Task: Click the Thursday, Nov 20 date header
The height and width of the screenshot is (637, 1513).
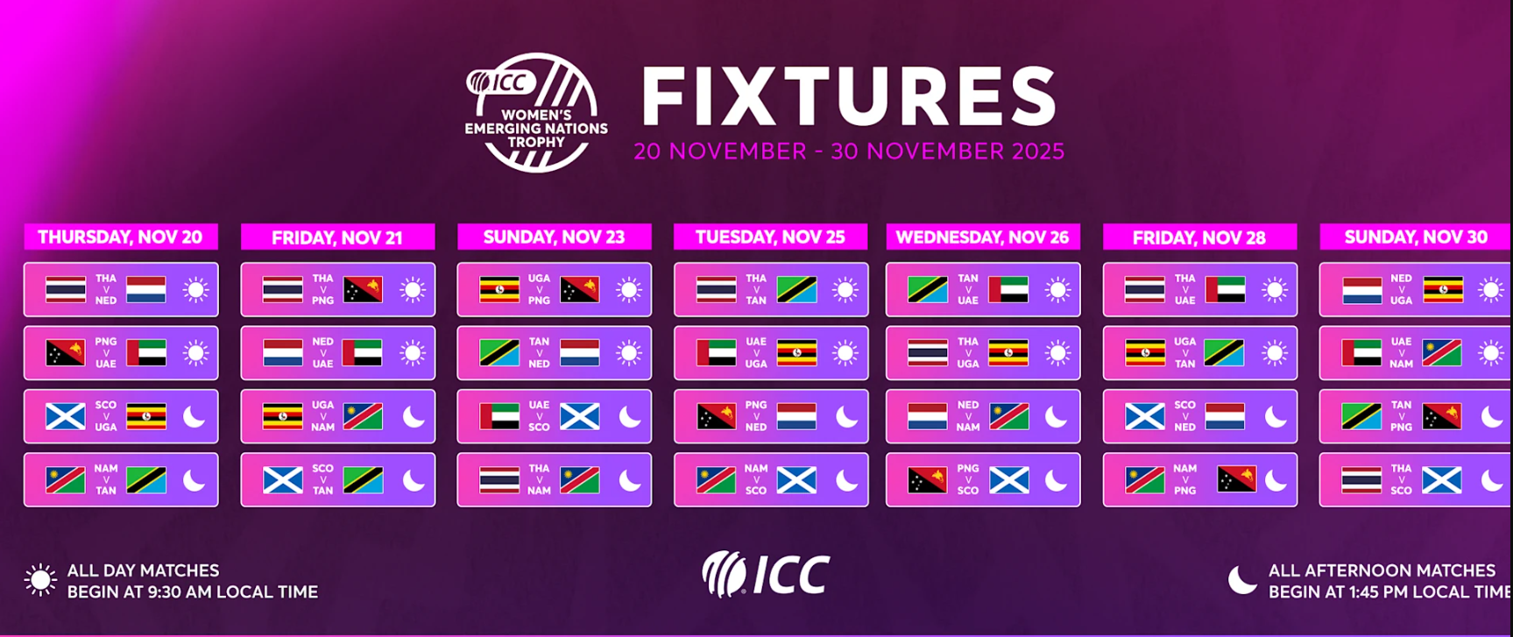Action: (x=121, y=237)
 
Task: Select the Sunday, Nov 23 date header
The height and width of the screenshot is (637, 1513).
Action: (x=555, y=237)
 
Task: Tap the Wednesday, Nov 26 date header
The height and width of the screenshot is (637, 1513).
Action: (x=983, y=237)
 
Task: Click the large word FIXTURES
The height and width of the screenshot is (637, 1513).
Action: (x=849, y=96)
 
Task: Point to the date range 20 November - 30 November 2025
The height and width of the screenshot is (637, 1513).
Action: (x=849, y=152)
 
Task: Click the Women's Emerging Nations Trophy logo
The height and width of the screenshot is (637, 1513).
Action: (x=536, y=112)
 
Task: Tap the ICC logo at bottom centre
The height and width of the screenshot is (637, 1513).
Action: (x=766, y=575)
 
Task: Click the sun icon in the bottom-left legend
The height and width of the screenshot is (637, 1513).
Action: (x=40, y=580)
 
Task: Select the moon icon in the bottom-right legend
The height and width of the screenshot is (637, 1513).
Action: (x=1242, y=579)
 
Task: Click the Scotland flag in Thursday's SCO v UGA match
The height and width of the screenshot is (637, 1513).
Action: (x=66, y=416)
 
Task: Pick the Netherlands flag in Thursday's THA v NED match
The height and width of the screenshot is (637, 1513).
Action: (x=146, y=289)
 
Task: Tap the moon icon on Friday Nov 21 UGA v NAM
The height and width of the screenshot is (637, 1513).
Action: (x=414, y=416)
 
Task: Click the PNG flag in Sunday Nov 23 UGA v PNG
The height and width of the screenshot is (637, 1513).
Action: (x=580, y=289)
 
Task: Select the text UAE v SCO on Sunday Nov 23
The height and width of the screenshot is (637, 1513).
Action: (x=540, y=416)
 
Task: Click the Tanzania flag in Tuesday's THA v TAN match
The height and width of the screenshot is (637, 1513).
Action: (x=797, y=289)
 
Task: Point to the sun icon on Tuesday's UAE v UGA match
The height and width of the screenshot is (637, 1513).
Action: (x=845, y=353)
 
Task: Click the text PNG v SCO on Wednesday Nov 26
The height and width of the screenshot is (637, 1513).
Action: (x=968, y=479)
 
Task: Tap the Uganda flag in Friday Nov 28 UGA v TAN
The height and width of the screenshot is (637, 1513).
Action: (x=1146, y=353)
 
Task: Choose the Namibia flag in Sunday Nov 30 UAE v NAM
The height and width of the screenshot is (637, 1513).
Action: (x=1442, y=353)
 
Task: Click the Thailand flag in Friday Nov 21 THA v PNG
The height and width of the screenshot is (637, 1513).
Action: (x=283, y=289)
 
